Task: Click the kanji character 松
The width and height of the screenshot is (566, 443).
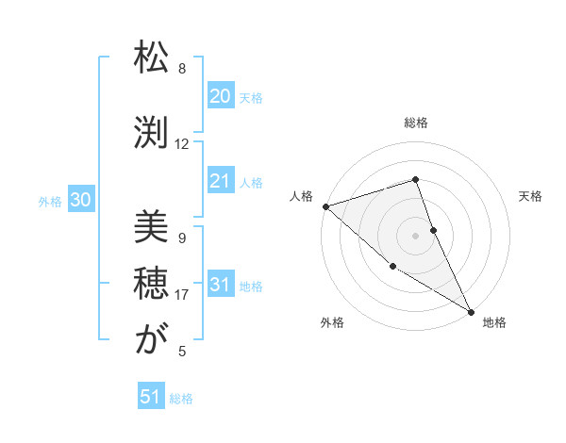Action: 151,58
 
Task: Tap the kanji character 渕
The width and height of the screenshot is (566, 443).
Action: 151,133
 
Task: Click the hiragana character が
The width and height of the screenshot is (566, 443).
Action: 151,341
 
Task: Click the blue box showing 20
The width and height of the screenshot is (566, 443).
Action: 220,96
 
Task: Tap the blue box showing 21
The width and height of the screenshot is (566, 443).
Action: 220,182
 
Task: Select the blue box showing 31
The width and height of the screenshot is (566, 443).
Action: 220,285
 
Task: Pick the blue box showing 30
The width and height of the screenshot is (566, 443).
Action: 80,200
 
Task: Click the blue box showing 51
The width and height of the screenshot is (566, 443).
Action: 151,397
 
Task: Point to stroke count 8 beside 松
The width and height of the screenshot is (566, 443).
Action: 182,69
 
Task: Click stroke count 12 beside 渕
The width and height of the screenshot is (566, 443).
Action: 182,144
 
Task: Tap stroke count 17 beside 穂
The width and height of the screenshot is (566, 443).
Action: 182,295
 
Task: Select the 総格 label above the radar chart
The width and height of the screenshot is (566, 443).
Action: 416,123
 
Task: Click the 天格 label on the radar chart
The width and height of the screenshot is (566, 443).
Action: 531,196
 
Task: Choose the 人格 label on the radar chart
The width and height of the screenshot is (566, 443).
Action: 301,196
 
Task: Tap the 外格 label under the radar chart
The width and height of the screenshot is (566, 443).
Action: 332,322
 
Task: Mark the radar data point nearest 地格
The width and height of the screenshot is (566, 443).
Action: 471,311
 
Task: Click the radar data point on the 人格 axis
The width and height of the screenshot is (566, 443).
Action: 325,206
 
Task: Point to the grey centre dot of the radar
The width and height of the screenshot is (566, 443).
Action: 416,235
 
